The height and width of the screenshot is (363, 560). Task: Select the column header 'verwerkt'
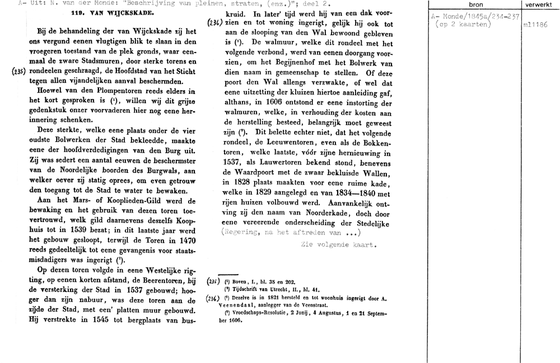(x=539, y=5)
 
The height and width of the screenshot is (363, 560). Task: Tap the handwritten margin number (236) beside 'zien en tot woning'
(x=214, y=23)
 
